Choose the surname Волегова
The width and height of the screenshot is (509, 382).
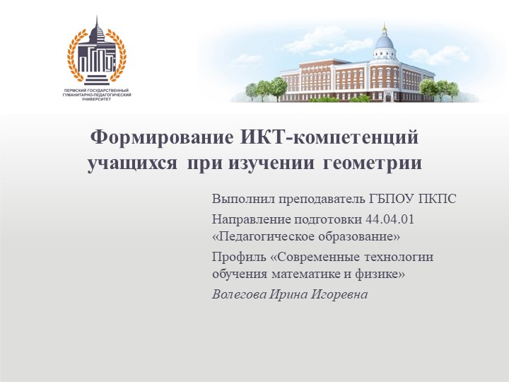[238, 294]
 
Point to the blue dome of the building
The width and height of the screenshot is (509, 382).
[384, 43]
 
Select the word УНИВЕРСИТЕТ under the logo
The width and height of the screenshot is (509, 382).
[97, 100]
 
